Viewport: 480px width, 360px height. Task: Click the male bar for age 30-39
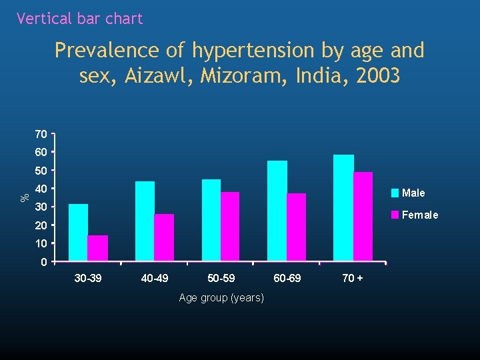(x=78, y=232)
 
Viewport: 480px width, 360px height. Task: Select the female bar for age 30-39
(x=97, y=248)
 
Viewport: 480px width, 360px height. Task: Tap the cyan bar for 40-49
(x=145, y=221)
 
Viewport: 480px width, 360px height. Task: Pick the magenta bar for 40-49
(x=164, y=237)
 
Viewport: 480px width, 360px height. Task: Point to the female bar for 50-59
(x=230, y=226)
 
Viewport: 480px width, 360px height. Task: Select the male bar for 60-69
(x=277, y=211)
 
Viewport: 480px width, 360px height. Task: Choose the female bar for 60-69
(x=297, y=227)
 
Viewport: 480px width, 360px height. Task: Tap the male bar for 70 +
(x=343, y=207)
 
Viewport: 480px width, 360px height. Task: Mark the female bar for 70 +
(x=363, y=216)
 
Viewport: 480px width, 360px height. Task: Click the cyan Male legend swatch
(x=395, y=193)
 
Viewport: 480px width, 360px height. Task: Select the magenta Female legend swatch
(x=395, y=215)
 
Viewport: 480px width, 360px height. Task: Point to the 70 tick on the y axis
(x=41, y=135)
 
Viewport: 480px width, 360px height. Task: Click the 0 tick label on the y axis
(x=43, y=262)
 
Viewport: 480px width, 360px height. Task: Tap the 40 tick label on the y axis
(x=41, y=189)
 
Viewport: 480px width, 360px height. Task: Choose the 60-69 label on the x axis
(x=287, y=277)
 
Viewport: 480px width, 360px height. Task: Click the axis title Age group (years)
(x=221, y=297)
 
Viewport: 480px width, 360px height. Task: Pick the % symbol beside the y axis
(x=24, y=197)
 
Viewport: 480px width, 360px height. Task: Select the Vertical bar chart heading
(x=79, y=19)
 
